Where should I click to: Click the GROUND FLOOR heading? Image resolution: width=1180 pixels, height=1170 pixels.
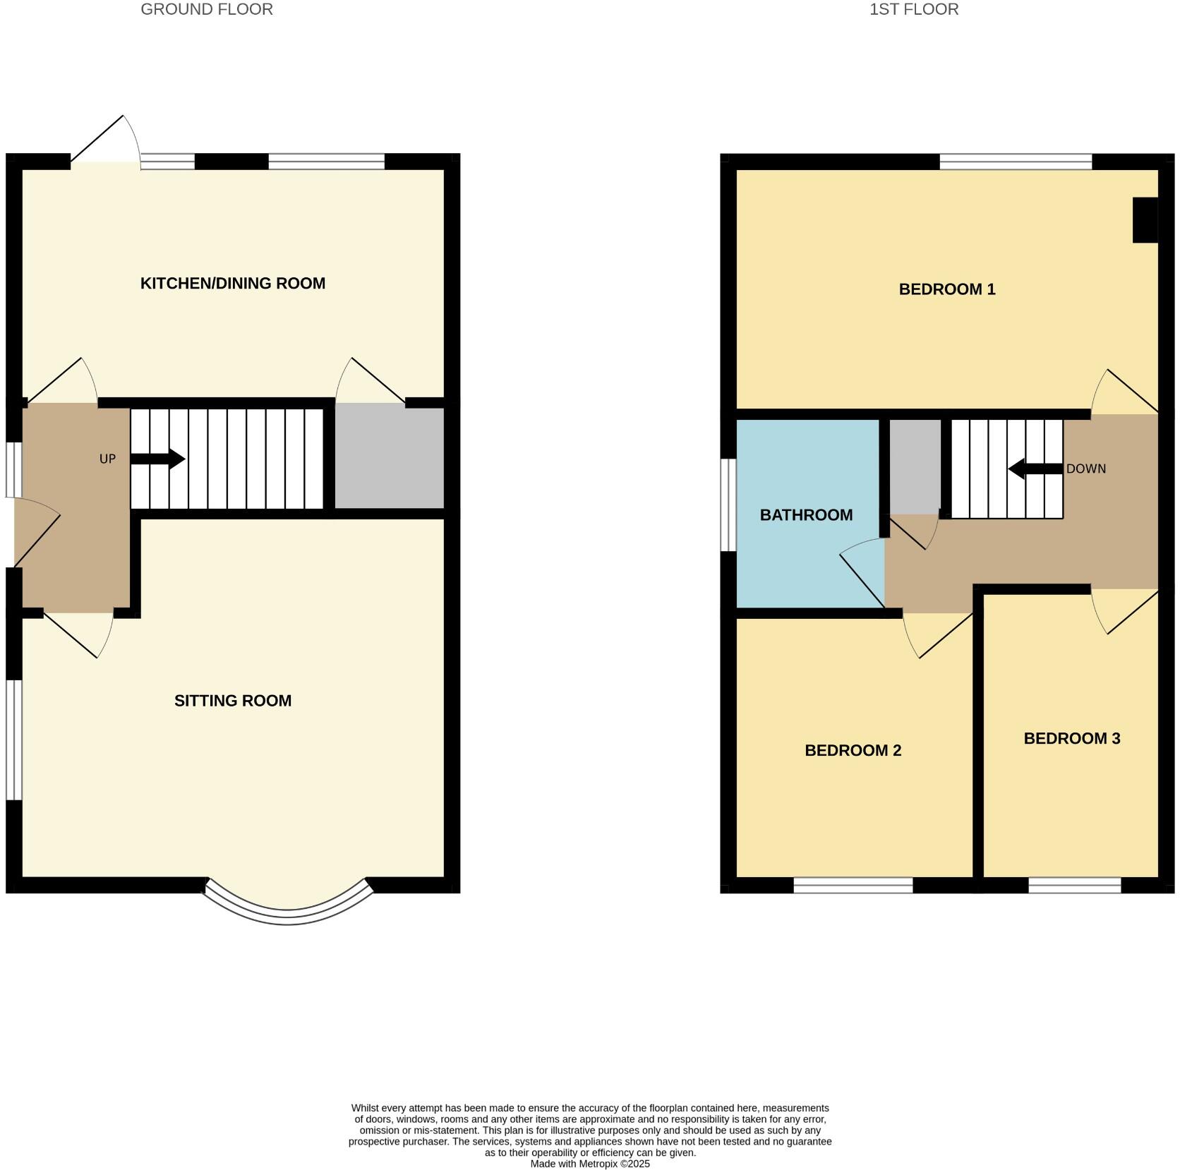pyautogui.click(x=207, y=10)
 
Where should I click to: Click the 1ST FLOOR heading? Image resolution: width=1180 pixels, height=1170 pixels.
pyautogui.click(x=913, y=10)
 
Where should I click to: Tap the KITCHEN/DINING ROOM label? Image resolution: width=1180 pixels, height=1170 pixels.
pyautogui.click(x=233, y=284)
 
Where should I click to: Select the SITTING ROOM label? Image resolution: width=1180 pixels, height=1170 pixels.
pyautogui.click(x=233, y=701)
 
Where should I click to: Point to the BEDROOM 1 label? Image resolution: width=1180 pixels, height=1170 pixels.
pyautogui.click(x=946, y=289)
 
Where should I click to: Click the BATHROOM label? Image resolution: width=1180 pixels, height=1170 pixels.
pyautogui.click(x=806, y=515)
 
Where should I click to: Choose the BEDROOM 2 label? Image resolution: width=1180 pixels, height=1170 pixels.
pyautogui.click(x=853, y=750)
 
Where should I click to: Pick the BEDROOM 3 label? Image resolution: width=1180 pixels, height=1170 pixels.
pyautogui.click(x=1071, y=739)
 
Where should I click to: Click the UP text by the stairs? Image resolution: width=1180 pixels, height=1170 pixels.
pyautogui.click(x=107, y=459)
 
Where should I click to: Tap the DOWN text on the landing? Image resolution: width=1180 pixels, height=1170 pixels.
pyautogui.click(x=1085, y=469)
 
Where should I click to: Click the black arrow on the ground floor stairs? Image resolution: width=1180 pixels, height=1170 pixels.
pyautogui.click(x=158, y=459)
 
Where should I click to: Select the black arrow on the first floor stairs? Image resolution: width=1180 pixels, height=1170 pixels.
pyautogui.click(x=1035, y=469)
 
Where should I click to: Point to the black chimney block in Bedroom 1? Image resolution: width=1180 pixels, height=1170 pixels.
pyautogui.click(x=1144, y=220)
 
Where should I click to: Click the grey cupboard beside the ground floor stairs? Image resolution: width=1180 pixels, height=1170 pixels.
pyautogui.click(x=389, y=457)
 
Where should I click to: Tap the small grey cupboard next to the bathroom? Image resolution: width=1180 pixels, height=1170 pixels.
pyautogui.click(x=915, y=466)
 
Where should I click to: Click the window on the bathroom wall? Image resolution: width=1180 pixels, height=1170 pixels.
pyautogui.click(x=728, y=505)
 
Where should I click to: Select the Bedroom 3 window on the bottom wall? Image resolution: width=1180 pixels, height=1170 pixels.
pyautogui.click(x=1074, y=885)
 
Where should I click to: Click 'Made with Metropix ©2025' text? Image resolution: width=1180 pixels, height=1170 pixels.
pyautogui.click(x=589, y=1164)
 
